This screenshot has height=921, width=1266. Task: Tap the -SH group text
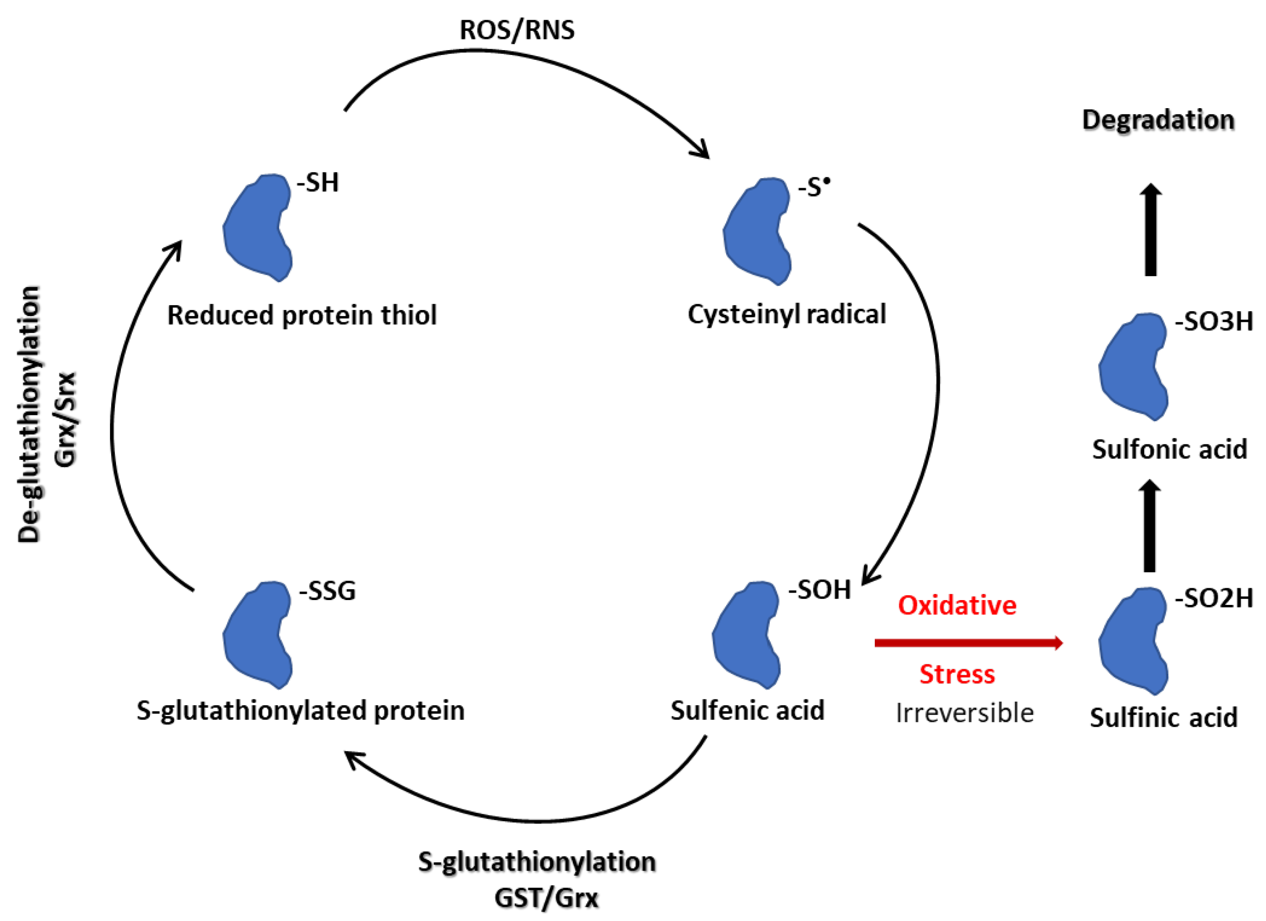tap(318, 182)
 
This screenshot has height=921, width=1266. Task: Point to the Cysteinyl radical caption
tap(786, 314)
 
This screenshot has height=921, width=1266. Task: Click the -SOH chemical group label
tap(819, 590)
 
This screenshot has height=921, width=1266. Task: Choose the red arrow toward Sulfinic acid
tap(968, 643)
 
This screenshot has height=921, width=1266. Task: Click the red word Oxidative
tap(957, 606)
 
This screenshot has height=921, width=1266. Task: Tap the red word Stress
tap(957, 674)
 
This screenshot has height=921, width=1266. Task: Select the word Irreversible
tap(964, 714)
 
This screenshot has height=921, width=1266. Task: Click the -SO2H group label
tap(1214, 598)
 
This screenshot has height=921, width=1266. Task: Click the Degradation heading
tap(1158, 120)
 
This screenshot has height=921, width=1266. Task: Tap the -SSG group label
tap(327, 590)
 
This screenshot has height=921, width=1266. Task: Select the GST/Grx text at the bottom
tap(546, 898)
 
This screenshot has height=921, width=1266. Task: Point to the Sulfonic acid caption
tap(1169, 449)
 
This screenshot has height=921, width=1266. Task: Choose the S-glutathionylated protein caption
tap(300, 710)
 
